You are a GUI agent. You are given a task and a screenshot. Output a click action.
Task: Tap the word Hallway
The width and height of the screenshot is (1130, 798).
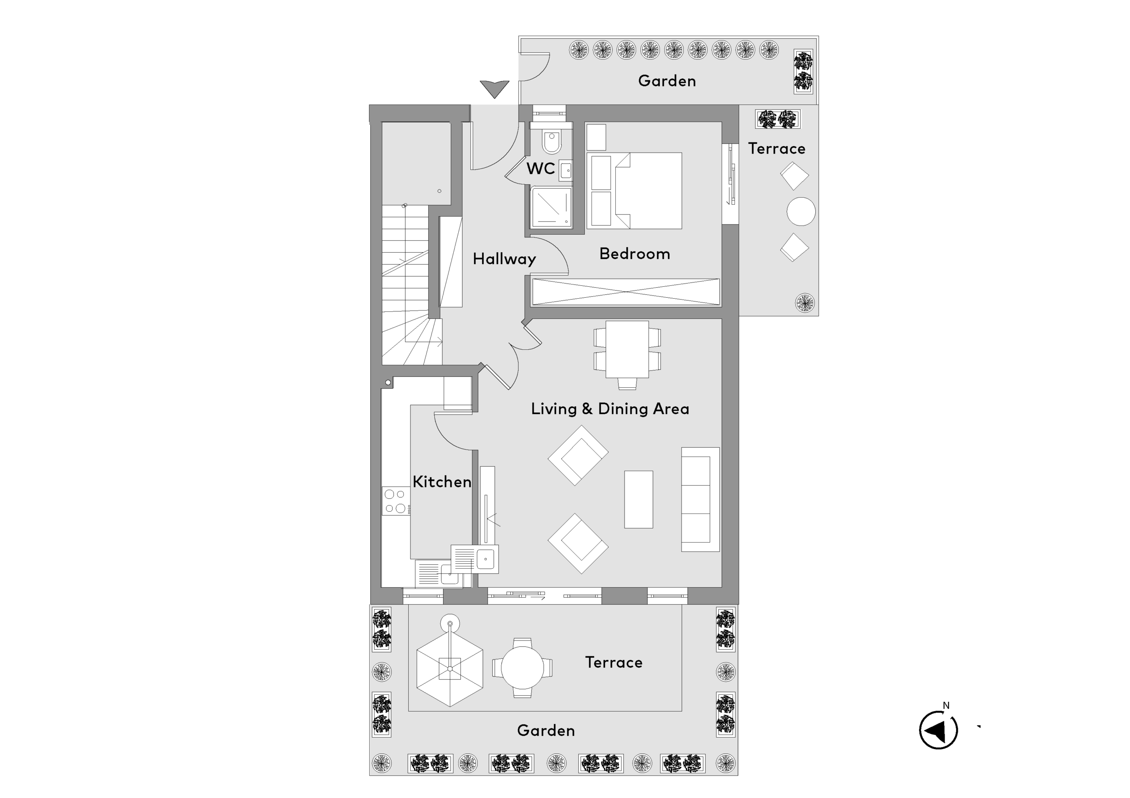[504, 259]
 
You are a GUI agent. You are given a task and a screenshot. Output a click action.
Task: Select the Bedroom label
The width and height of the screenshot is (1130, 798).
[634, 253]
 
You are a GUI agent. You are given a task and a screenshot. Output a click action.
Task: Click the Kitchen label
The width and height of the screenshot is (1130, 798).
[441, 482]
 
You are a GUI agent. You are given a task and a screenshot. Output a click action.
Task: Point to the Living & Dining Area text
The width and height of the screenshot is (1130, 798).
[610, 409]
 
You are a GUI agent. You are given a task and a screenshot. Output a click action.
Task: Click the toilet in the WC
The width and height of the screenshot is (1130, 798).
[552, 141]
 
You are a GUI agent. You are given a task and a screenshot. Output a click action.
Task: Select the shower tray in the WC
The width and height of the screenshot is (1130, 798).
[551, 207]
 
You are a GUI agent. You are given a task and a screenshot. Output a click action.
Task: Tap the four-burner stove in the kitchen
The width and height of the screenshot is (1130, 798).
[395, 501]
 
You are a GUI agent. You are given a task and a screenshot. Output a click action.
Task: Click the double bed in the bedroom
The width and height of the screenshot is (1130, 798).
[635, 191]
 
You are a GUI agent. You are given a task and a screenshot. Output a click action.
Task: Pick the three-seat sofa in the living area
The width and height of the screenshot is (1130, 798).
[700, 499]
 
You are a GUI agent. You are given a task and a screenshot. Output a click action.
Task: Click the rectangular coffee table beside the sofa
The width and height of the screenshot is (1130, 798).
[638, 499]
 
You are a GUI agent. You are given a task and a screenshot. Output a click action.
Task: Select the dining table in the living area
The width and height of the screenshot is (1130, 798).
[627, 349]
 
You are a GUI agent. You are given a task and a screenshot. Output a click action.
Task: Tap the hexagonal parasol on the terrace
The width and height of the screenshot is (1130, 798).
[450, 668]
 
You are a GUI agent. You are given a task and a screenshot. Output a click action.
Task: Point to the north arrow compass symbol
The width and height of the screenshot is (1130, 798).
[938, 730]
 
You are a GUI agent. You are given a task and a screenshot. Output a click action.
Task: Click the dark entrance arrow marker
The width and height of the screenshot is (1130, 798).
[495, 89]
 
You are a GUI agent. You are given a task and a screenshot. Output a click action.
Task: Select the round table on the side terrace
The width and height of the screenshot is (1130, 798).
[801, 212]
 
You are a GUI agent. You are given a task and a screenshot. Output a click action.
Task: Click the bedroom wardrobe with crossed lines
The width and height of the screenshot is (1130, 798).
[625, 292]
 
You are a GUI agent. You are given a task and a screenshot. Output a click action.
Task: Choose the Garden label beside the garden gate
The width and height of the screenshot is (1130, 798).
[667, 81]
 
